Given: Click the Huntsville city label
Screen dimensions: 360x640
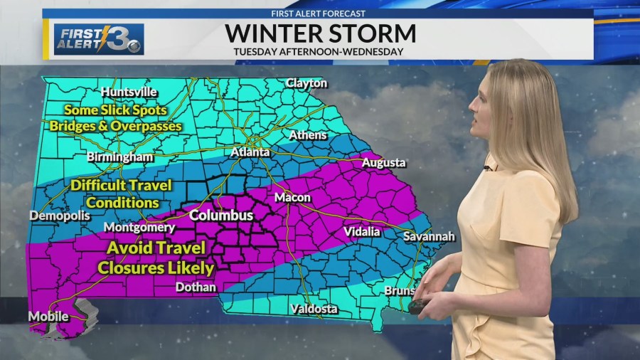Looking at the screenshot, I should [129, 92].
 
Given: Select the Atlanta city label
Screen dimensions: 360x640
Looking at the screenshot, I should [250, 152].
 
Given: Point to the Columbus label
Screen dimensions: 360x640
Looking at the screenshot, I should [221, 215].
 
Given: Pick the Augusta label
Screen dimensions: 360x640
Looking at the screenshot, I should [384, 162].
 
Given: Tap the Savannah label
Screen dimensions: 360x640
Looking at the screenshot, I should [429, 236].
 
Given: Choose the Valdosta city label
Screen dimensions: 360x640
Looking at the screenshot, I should [314, 309].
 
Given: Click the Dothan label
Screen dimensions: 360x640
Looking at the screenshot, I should [196, 287].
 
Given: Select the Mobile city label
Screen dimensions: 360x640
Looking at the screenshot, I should [48, 316].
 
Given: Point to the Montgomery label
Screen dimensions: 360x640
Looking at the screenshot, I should [139, 228].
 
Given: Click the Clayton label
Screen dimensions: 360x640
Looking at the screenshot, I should [306, 83].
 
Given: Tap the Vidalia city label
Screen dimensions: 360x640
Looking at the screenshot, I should [361, 231].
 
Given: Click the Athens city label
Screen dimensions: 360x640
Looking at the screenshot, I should [308, 134].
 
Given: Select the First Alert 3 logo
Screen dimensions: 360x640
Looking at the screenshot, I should [99, 40].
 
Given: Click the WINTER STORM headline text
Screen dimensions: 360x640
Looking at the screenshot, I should [320, 33].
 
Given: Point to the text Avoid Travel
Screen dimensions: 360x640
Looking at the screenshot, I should [156, 248].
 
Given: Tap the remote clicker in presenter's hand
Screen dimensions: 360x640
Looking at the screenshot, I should [418, 307].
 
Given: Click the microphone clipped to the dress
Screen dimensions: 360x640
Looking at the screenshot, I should [487, 168].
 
